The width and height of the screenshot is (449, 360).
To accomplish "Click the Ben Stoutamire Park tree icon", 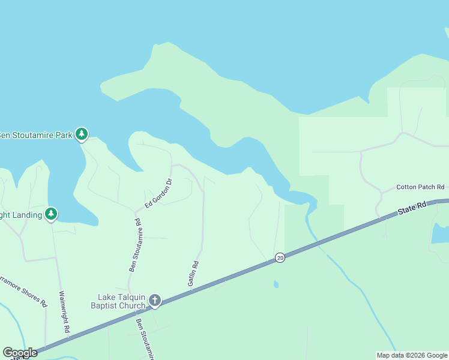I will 82,134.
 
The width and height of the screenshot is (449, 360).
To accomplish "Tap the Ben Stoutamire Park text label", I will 35,134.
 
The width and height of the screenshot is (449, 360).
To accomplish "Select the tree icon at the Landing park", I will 52,214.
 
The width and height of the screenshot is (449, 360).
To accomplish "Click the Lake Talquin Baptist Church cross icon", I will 155,299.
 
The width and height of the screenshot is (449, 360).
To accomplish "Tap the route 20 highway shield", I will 280,257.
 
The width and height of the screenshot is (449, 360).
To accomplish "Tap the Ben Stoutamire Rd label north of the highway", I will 134,245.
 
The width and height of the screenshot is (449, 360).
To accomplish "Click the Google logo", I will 20,353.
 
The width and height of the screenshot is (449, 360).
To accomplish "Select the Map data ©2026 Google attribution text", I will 412,355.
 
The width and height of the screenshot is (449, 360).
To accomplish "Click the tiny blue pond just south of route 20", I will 276,284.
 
